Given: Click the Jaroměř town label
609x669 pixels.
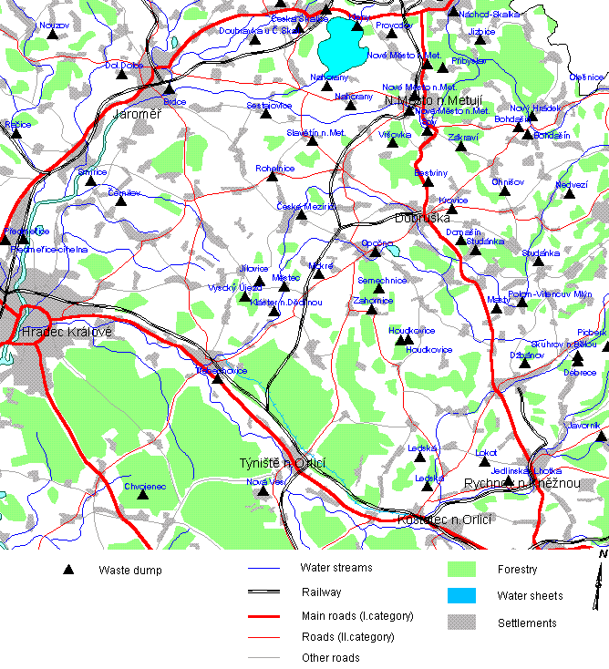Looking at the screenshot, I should [137, 115].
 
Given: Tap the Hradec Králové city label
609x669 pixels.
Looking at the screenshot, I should [55, 332].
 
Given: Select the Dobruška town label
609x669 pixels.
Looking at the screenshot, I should [423, 219].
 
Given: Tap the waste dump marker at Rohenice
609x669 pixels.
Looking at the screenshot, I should [272, 176].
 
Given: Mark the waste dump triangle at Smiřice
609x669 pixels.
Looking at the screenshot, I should [90, 180].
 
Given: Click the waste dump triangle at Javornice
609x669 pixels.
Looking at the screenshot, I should [600, 437].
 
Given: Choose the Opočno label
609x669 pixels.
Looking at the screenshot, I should [377, 242].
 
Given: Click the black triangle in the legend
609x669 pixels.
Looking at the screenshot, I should [68, 571].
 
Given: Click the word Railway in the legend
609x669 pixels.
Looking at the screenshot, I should [321, 592].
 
